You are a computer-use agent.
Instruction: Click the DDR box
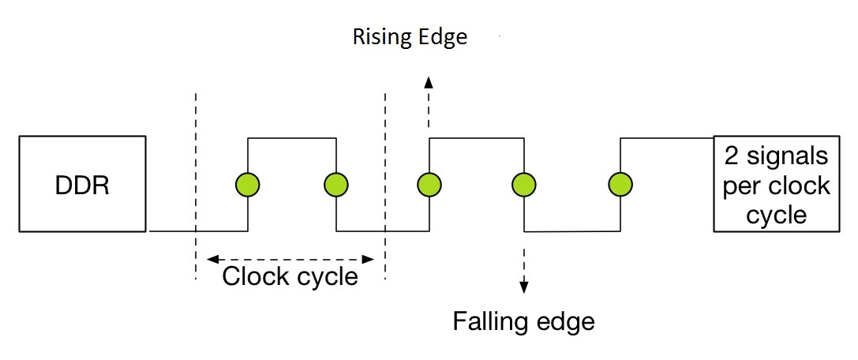[x=83, y=184]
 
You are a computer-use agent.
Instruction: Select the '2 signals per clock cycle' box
[x=776, y=184]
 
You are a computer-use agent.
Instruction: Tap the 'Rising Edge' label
[x=410, y=37]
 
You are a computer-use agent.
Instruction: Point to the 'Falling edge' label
[x=523, y=321]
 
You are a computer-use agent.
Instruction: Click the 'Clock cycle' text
[x=290, y=277]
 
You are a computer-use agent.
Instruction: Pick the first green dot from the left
[x=248, y=185]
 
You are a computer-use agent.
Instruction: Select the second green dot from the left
[x=337, y=185]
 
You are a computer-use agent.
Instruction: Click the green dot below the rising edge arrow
[x=429, y=185]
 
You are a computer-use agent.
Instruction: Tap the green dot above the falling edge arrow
[x=522, y=186]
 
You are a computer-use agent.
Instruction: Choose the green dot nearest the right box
[x=620, y=185]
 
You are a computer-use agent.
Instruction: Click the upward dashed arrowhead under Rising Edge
[x=429, y=81]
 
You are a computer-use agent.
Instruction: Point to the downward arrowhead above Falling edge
[x=522, y=288]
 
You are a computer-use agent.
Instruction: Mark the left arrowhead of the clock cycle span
[x=211, y=258]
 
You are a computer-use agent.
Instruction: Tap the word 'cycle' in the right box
[x=776, y=215]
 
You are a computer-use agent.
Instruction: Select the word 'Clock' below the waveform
[x=253, y=277]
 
